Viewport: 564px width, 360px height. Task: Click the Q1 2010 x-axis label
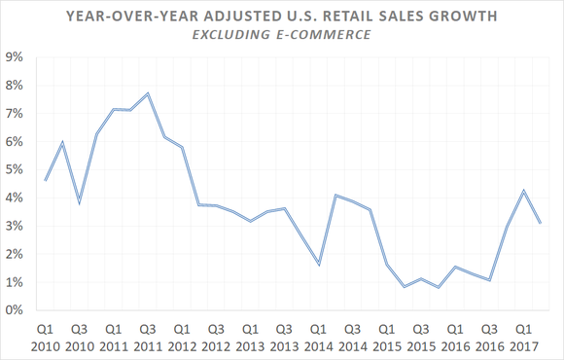[x=46, y=337]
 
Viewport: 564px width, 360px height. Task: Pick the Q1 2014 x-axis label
[x=318, y=337]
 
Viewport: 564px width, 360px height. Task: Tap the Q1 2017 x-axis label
[x=523, y=337]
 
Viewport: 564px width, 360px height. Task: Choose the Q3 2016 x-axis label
[x=489, y=337]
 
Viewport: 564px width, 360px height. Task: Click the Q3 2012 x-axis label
[x=216, y=337]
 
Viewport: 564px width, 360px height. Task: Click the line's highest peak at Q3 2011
[x=147, y=93]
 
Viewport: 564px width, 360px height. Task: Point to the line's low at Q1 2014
[x=318, y=265]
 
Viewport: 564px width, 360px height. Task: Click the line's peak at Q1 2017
[x=523, y=191]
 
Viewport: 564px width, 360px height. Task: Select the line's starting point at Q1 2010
[x=46, y=180]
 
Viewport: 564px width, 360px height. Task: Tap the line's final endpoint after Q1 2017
[x=541, y=224]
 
